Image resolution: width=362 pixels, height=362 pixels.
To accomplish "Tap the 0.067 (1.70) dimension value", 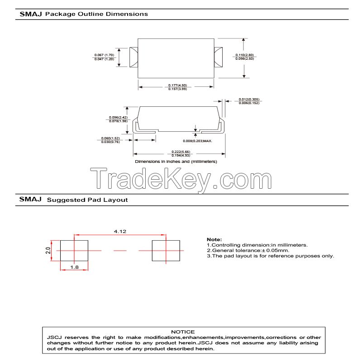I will (x=104, y=55).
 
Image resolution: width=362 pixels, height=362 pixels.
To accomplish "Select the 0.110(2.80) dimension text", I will (x=244, y=55).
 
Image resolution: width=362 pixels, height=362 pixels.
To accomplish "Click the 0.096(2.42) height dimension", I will (x=116, y=117).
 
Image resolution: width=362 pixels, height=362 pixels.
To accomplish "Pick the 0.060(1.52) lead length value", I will (x=110, y=138).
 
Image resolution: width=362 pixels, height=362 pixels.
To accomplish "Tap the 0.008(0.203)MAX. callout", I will (x=198, y=141).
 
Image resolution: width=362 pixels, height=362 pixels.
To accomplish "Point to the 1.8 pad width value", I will (x=74, y=267).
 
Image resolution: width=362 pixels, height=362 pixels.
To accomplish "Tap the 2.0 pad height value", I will (x=48, y=250).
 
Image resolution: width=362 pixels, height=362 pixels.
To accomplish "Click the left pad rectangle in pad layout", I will (x=74, y=250).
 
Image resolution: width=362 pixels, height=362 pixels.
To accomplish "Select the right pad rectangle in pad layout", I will (x=165, y=250).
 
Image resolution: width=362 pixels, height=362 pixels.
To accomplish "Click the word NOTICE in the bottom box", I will (x=183, y=332).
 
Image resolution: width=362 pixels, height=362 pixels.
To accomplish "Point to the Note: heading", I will (x=214, y=239).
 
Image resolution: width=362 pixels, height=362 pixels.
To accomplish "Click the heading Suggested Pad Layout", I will (x=87, y=199).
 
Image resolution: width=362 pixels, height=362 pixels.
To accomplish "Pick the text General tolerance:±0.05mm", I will (x=248, y=250).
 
